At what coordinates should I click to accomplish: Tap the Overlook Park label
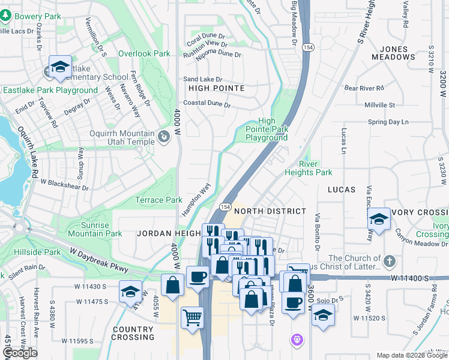[144, 53]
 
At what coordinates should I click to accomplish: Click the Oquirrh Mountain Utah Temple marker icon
[164, 138]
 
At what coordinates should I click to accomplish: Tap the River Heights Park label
[316, 168]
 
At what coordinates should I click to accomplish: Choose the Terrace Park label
[158, 200]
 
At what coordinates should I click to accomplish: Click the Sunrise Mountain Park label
[95, 229]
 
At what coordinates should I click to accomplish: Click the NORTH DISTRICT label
[270, 212]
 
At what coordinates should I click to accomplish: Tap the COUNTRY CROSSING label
[133, 333]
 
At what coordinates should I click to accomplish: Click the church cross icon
[390, 261]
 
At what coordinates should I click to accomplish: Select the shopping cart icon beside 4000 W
[192, 317]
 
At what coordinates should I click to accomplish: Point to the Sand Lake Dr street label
[202, 79]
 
